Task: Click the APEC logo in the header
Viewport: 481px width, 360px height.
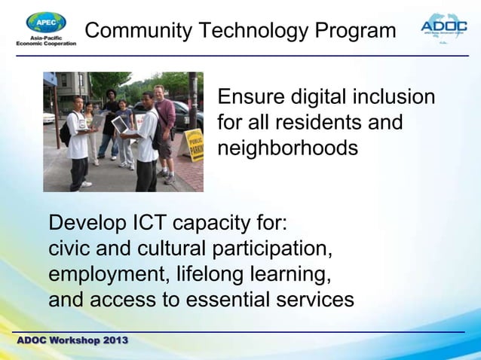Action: (x=45, y=23)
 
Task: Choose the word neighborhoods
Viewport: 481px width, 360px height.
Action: (x=287, y=148)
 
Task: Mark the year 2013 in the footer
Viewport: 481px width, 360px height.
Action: (x=115, y=340)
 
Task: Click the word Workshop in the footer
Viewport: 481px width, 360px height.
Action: (x=75, y=340)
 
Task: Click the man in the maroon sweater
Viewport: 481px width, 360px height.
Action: (x=164, y=128)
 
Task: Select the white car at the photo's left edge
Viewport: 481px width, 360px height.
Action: (x=48, y=117)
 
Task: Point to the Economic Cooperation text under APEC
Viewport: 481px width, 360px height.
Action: (x=46, y=44)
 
